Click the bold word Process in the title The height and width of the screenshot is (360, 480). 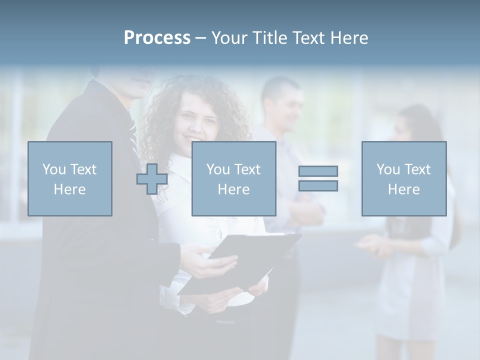coord(157,38)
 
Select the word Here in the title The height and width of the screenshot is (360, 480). coord(348,38)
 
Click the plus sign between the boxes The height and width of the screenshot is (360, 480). coord(152,179)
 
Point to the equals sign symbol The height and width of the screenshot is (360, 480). coord(318,178)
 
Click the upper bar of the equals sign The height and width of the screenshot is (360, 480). coord(318,171)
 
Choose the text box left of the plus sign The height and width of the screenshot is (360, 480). coord(70,178)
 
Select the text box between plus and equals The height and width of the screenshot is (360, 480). coord(233,178)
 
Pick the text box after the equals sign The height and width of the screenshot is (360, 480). coord(404,178)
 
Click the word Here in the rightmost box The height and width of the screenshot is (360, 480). coord(404,189)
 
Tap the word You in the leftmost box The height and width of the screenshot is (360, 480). coord(54,169)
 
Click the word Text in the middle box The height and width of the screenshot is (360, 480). coord(248,169)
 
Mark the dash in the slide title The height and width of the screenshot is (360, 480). coord(201,38)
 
